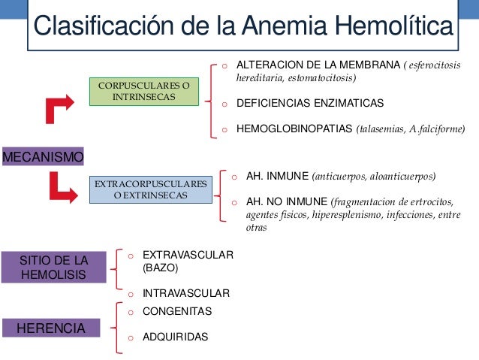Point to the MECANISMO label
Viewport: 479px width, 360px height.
(x=43, y=157)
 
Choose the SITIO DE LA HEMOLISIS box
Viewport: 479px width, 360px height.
(x=54, y=268)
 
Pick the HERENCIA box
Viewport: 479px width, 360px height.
(x=51, y=328)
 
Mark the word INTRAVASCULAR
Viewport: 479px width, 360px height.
(x=186, y=293)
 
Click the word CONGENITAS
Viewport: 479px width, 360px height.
(x=177, y=311)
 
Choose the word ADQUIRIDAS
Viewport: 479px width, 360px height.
(x=176, y=337)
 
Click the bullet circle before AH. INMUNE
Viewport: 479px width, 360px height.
(x=234, y=177)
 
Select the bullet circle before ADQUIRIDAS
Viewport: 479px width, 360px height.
(x=130, y=338)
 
